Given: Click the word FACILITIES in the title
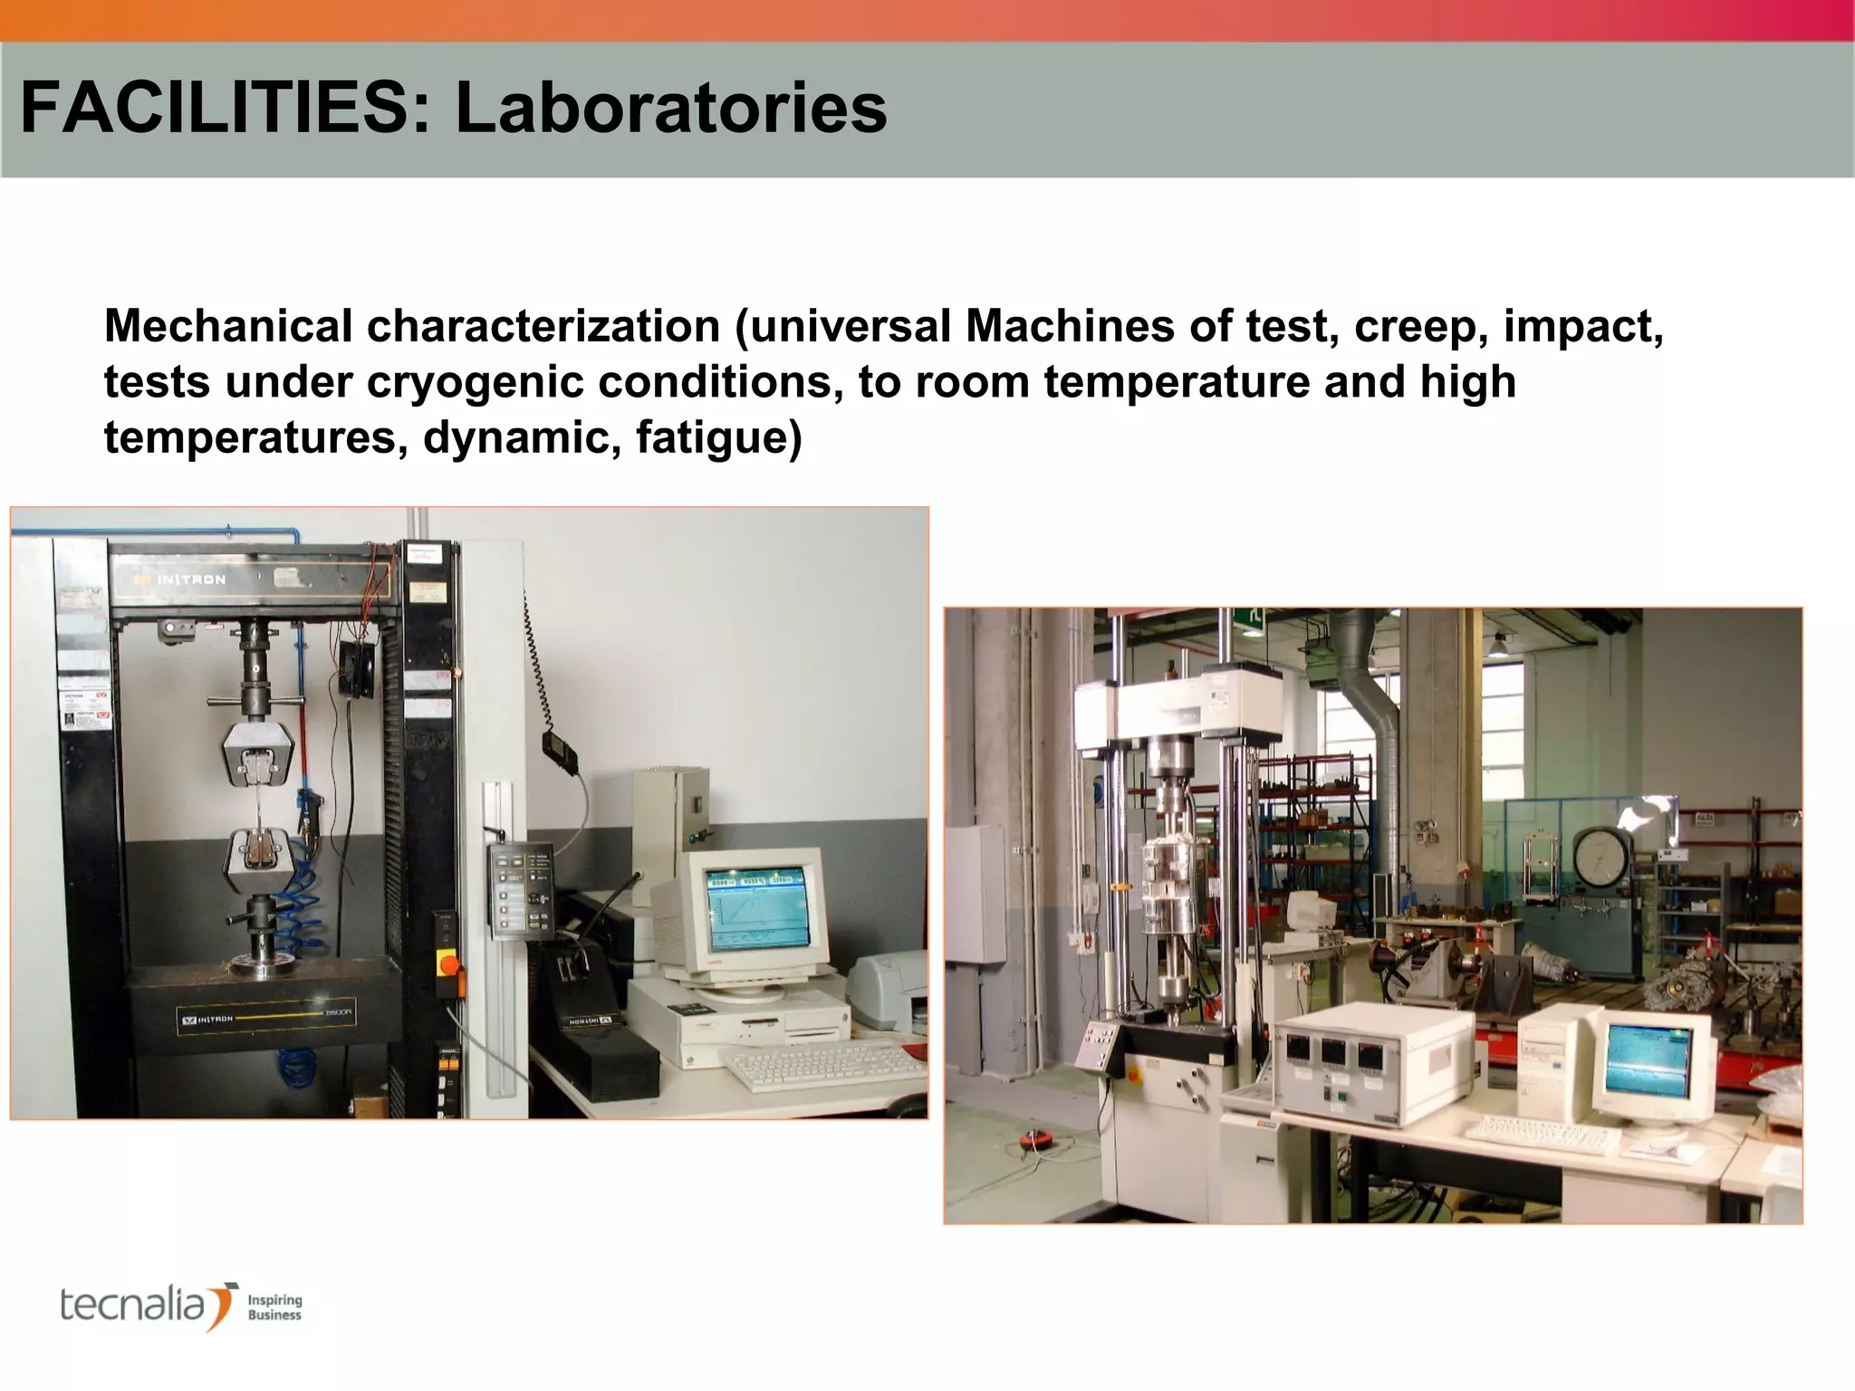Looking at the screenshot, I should click(x=215, y=109).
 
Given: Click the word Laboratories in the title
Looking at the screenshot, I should click(x=670, y=109).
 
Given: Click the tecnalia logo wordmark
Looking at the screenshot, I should click(x=136, y=1306).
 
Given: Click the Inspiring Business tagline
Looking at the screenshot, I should click(x=274, y=1308).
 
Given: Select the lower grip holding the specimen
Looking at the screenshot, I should click(x=262, y=856).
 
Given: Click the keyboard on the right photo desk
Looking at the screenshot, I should click(x=1540, y=1134).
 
